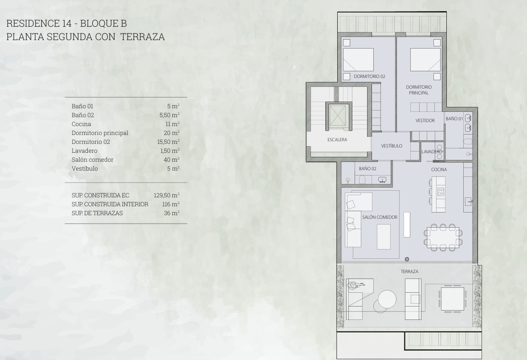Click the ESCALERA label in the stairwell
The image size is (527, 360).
click(337, 139)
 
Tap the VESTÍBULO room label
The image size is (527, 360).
click(392, 146)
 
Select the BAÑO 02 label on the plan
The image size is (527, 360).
click(368, 168)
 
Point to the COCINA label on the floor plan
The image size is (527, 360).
click(439, 169)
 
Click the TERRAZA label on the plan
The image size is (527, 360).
click(409, 271)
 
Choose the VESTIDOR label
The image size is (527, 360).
click(425, 120)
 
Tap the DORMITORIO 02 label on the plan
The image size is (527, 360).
click(369, 76)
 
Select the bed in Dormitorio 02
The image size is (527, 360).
click(358, 60)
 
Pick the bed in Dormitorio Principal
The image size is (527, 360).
click(425, 60)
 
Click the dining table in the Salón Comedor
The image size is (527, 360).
click(443, 237)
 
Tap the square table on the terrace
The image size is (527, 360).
click(453, 299)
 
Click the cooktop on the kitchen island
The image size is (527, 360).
click(440, 192)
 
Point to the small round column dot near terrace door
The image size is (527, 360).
click(407, 259)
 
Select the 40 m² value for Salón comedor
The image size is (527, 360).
click(172, 160)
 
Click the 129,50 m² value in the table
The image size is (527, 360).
click(167, 195)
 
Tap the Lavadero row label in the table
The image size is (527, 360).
click(84, 151)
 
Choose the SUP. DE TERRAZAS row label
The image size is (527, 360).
click(97, 213)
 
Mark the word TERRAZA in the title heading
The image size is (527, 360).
click(143, 37)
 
